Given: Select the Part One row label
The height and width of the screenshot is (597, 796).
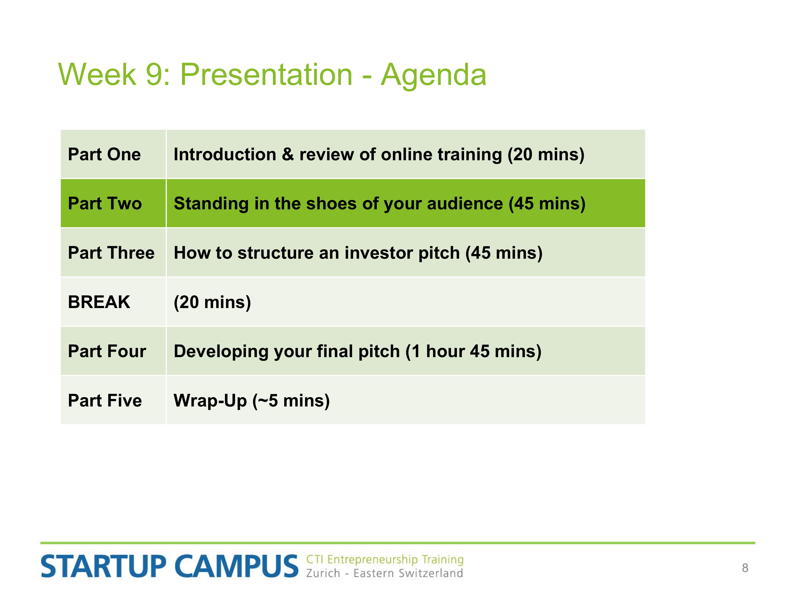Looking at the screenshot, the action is pos(104,154).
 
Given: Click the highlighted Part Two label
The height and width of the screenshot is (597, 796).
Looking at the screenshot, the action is pos(105,203).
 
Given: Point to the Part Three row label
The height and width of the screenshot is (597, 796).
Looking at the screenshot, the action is pos(111,253).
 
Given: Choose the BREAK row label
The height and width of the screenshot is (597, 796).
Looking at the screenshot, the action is pos(99,302).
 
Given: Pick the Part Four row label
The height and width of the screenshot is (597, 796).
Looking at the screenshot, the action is pos(107,351).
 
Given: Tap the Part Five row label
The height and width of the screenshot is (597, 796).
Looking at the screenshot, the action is pos(105,400).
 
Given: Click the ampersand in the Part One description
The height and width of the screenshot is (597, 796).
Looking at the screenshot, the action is pos(288,154).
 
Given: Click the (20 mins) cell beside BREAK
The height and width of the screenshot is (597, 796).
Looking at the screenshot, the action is pos(212,302).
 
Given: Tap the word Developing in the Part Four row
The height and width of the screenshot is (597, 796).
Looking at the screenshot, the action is pos(221,352).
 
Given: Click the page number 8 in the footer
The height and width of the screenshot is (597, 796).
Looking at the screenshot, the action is pos(745,568).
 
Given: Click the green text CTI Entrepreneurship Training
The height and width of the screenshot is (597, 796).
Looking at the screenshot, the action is pos(385,560).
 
